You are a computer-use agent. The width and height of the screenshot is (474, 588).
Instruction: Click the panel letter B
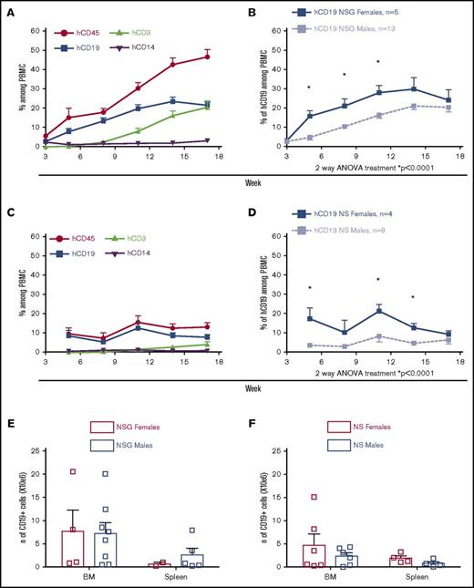coord(257,9)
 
